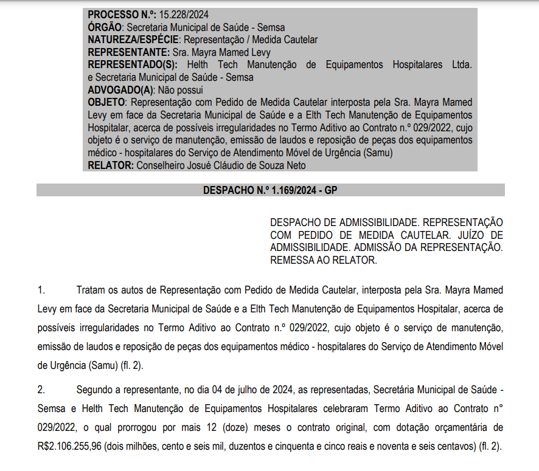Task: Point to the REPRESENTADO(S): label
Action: (x=133, y=64)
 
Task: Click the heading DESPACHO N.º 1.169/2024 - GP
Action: (x=270, y=190)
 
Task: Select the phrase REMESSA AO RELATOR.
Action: (x=324, y=260)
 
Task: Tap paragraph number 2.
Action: (x=41, y=388)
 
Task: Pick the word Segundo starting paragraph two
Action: (x=96, y=388)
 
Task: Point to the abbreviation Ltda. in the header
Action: (x=461, y=64)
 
